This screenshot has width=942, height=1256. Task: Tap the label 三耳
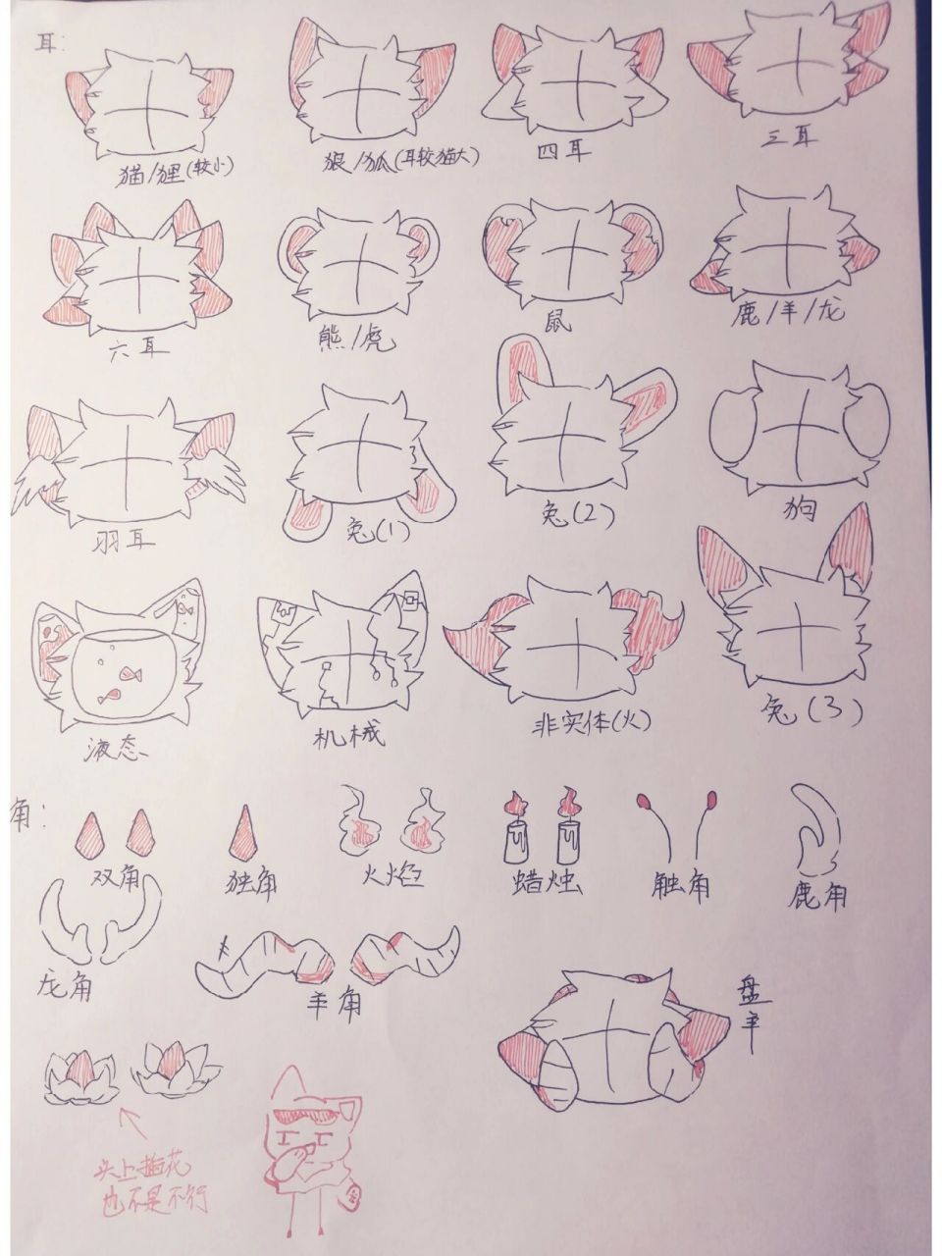tap(791, 139)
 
